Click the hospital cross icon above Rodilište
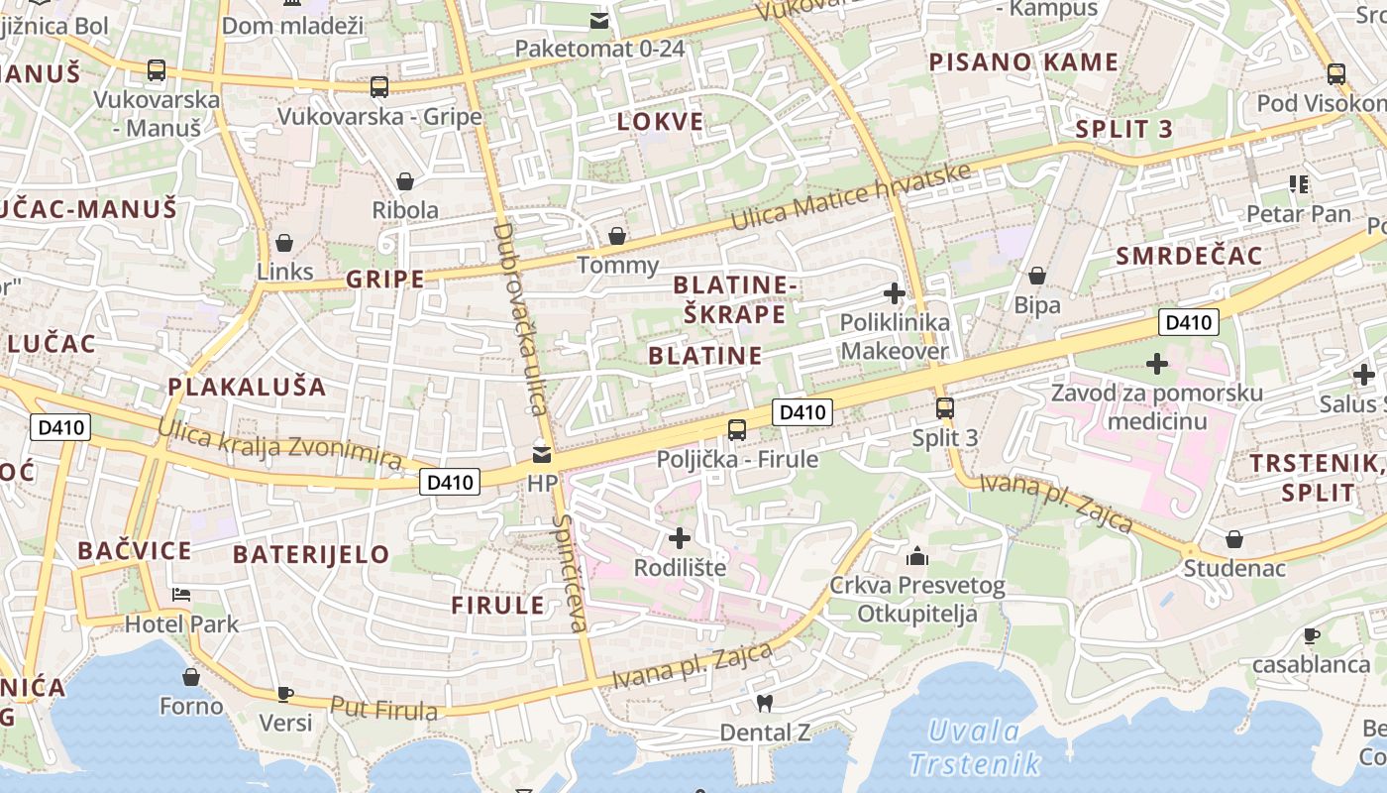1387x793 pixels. [x=680, y=538]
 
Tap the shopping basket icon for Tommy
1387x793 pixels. [x=617, y=236]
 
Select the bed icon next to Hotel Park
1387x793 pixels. [x=181, y=595]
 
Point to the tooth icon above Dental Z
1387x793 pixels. [x=763, y=704]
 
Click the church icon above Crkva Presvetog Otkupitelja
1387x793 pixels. [x=917, y=556]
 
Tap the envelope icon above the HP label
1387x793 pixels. [x=541, y=455]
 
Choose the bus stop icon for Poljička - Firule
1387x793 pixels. [x=737, y=430]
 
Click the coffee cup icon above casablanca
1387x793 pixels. [x=1312, y=635]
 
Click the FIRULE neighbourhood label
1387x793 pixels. [x=498, y=605]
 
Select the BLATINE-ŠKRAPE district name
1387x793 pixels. [x=734, y=299]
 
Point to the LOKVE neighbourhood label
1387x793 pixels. [x=660, y=122]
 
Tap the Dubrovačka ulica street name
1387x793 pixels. [x=520, y=317]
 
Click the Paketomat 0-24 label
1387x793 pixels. [x=599, y=48]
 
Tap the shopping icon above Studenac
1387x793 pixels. [x=1234, y=539]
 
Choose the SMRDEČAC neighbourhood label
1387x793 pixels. [x=1189, y=256]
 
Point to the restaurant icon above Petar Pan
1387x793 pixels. [x=1299, y=183]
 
